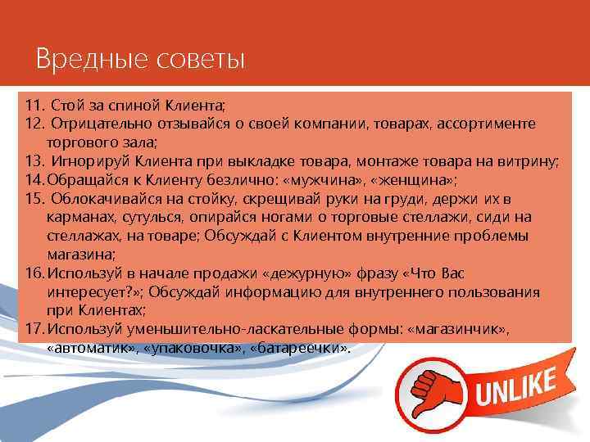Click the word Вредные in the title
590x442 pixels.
click(x=79, y=60)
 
